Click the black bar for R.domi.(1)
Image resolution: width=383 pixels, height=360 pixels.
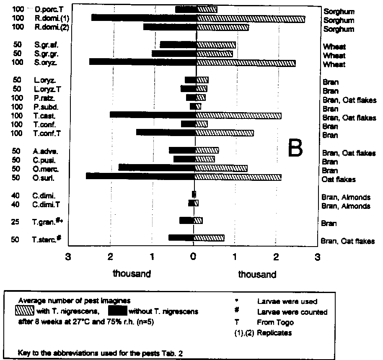(144, 18)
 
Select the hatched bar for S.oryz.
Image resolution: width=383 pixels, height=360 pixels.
(246, 63)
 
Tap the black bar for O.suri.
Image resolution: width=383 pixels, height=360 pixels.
(140, 176)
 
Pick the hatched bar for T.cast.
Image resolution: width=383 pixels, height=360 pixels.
(238, 115)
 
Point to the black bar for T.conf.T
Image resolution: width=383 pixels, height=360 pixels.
(166, 132)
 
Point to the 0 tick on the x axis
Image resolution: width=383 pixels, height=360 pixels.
(194, 257)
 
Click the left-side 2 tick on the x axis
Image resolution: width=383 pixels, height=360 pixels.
(111, 257)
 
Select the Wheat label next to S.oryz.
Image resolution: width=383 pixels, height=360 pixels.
(334, 65)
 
